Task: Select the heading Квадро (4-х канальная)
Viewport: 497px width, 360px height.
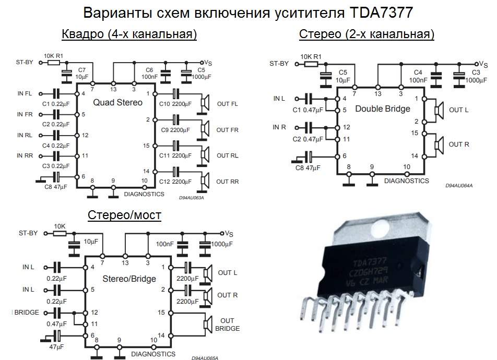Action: click(129, 35)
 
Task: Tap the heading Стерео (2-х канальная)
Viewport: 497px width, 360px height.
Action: click(366, 35)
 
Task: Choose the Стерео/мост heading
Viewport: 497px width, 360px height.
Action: click(124, 214)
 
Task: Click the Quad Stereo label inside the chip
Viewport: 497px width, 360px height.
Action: click(117, 103)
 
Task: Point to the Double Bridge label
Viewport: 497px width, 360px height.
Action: click(382, 109)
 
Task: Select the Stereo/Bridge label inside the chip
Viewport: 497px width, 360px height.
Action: click(129, 279)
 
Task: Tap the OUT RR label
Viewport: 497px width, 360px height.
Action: click(227, 182)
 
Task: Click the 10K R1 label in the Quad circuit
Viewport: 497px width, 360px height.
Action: click(53, 55)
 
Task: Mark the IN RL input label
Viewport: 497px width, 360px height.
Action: click(25, 135)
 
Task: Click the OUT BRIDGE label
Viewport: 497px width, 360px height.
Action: click(227, 325)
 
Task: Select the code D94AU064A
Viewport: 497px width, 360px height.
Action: click(459, 186)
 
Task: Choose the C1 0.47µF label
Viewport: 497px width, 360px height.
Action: click(306, 110)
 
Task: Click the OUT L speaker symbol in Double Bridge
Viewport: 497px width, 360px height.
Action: click(439, 110)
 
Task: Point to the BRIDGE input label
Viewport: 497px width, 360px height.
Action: click(27, 313)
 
